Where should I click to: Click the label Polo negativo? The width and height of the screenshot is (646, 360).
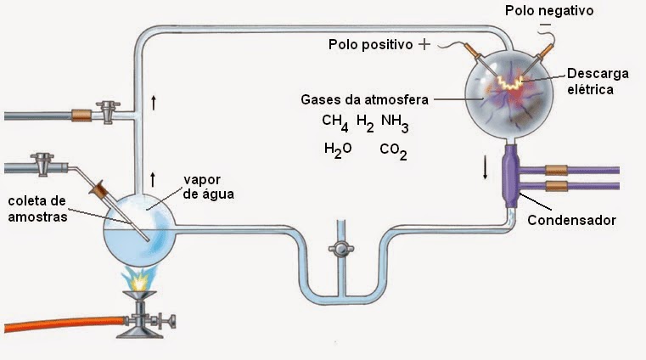click(x=549, y=10)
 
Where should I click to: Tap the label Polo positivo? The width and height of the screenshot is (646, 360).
click(x=370, y=44)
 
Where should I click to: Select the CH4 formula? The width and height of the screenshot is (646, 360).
click(x=335, y=123)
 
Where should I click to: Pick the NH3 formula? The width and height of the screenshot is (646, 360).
click(x=395, y=123)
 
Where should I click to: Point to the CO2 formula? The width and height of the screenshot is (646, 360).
click(x=393, y=151)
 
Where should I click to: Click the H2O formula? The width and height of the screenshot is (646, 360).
click(x=338, y=150)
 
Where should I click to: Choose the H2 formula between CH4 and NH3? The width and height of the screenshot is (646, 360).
click(x=365, y=123)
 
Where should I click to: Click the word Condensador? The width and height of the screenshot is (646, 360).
click(x=571, y=220)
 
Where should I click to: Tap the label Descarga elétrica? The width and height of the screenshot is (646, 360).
click(x=598, y=82)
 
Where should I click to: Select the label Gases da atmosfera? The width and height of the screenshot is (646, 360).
click(x=365, y=99)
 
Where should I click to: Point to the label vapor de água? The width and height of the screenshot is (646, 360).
click(x=209, y=187)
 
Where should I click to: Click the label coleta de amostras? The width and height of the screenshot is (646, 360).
click(x=37, y=209)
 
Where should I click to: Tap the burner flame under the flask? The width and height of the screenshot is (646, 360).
click(x=140, y=278)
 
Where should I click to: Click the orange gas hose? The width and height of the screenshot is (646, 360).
click(x=65, y=323)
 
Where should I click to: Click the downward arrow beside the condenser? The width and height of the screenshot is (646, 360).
click(x=486, y=168)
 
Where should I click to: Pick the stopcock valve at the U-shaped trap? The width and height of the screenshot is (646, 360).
click(x=341, y=249)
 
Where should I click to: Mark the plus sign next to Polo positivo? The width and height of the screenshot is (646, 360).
click(x=424, y=44)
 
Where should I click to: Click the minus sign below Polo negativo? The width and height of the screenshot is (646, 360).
click(x=545, y=25)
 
